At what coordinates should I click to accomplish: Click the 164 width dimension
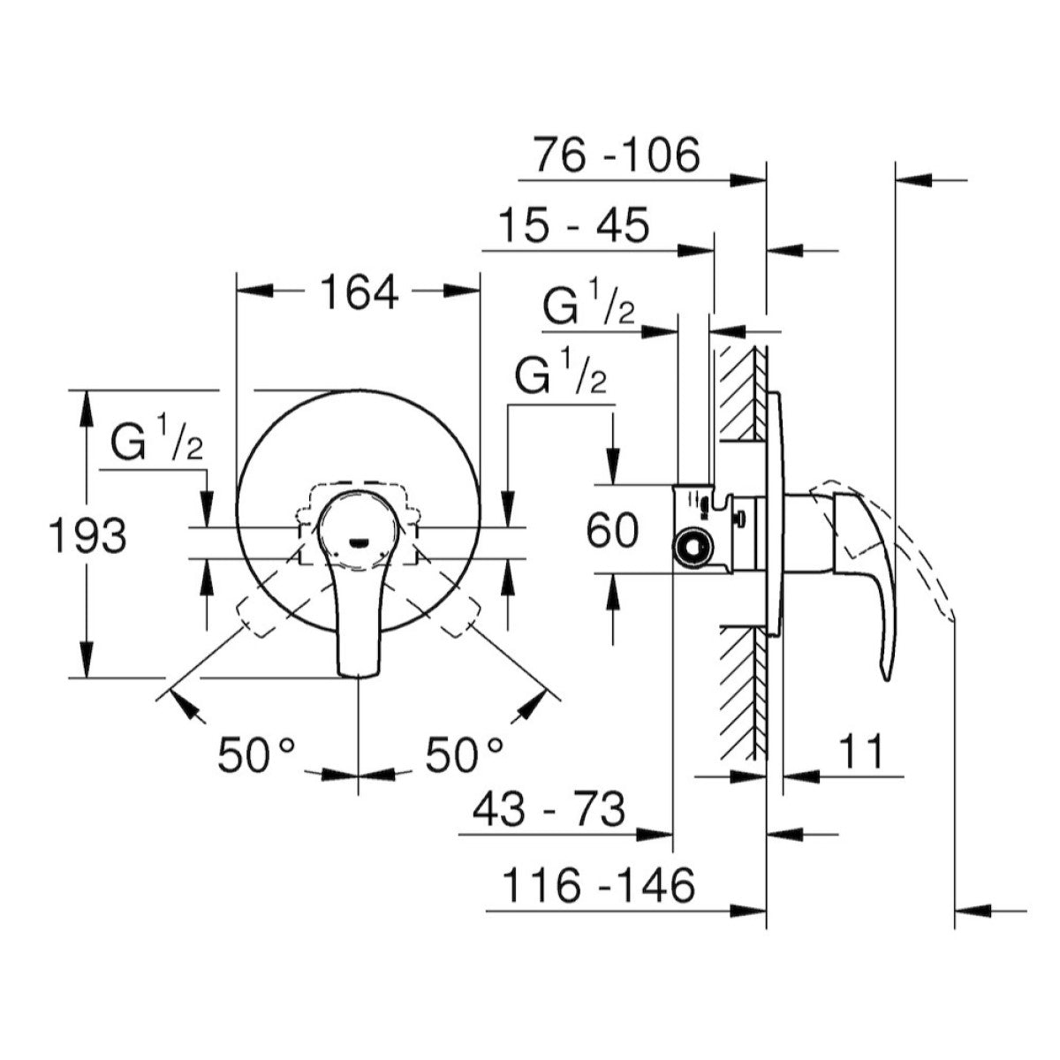(358, 291)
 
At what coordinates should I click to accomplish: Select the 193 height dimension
(87, 535)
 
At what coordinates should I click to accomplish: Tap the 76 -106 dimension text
(616, 155)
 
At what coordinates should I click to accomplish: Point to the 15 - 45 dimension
(574, 225)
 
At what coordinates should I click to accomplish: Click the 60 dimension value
(612, 532)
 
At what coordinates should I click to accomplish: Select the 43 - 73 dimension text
(549, 808)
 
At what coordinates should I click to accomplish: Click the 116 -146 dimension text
(598, 885)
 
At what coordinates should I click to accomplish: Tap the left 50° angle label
(256, 755)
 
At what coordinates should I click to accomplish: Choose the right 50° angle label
(465, 755)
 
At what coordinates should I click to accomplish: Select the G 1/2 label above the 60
(561, 377)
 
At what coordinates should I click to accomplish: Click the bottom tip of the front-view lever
(359, 673)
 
